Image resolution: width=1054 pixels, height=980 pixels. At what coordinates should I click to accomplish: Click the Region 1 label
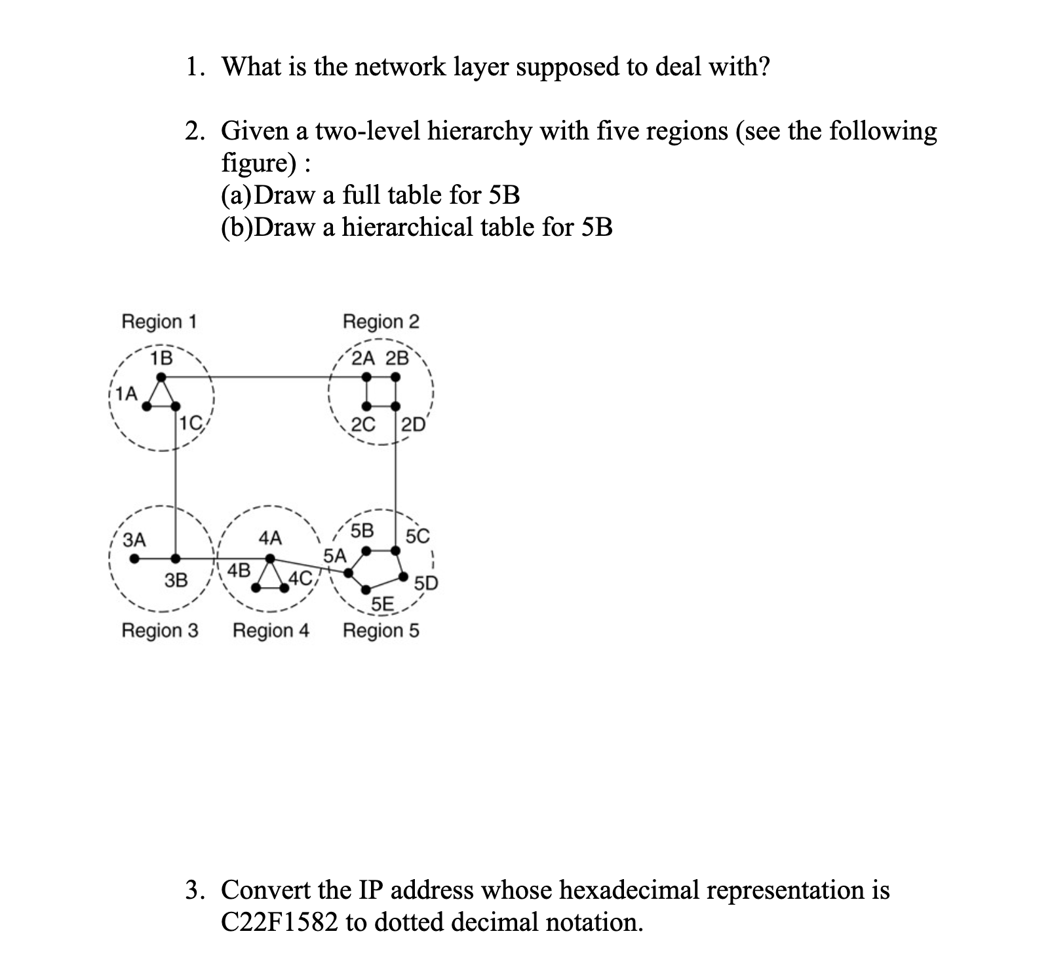(x=159, y=322)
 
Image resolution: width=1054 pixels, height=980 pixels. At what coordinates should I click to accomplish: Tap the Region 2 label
(x=381, y=322)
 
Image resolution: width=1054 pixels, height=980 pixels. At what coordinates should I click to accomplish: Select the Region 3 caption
(x=160, y=631)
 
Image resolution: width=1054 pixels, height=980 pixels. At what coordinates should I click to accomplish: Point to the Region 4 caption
(x=271, y=631)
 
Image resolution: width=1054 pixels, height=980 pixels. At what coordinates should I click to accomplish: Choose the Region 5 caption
(x=381, y=631)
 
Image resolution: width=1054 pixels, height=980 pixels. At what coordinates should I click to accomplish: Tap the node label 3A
(x=135, y=540)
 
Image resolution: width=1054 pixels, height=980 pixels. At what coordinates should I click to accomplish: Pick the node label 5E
(x=382, y=604)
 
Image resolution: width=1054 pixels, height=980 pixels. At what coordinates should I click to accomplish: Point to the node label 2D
(x=414, y=424)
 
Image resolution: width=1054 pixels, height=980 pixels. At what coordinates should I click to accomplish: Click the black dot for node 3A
(x=134, y=559)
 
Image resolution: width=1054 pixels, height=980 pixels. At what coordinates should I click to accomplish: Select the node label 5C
(x=418, y=536)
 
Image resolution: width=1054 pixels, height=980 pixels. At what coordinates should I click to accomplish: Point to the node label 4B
(x=239, y=569)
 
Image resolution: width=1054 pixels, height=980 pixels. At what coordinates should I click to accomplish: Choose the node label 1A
(x=127, y=394)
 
